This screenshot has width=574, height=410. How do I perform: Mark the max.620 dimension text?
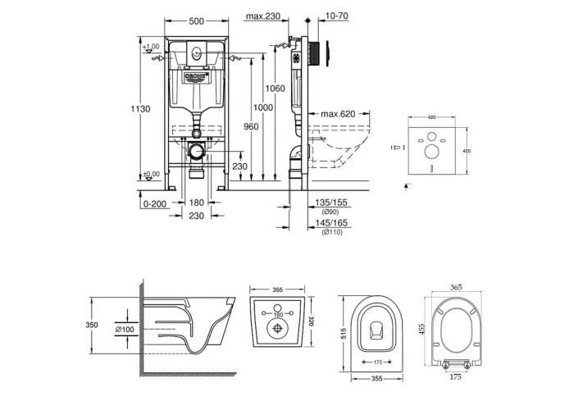tap(338, 113)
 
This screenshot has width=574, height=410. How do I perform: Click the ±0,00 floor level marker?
tap(149, 174)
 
